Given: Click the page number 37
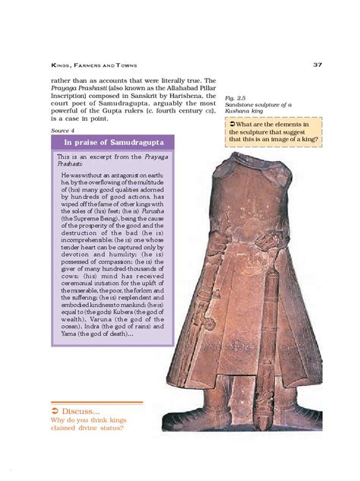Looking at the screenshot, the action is [x=316, y=65].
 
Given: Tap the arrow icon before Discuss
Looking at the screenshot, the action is [x=56, y=409].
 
